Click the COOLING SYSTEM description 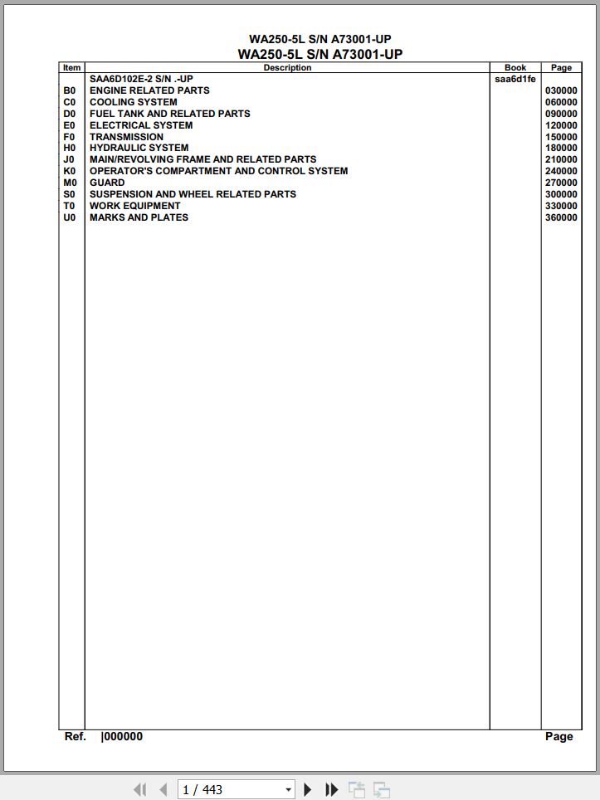pyautogui.click(x=133, y=102)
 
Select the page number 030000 pyautogui.click(x=561, y=91)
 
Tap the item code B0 pyautogui.click(x=70, y=90)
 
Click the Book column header pyautogui.click(x=515, y=68)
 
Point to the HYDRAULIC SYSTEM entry pyautogui.click(x=139, y=148)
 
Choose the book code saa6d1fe pyautogui.click(x=515, y=80)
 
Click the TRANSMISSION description pyautogui.click(x=126, y=137)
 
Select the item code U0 pyautogui.click(x=70, y=217)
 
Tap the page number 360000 pyautogui.click(x=561, y=218)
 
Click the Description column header pyautogui.click(x=287, y=68)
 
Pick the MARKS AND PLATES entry pyautogui.click(x=139, y=217)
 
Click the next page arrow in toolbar pyautogui.click(x=308, y=789)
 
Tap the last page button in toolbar pyautogui.click(x=332, y=789)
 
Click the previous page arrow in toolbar pyautogui.click(x=163, y=789)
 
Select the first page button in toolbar pyautogui.click(x=139, y=789)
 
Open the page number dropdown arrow pyautogui.click(x=288, y=790)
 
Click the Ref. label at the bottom pyautogui.click(x=76, y=736)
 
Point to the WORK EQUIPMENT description pyautogui.click(x=134, y=206)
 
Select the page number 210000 pyautogui.click(x=561, y=160)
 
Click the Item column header pyautogui.click(x=72, y=68)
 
